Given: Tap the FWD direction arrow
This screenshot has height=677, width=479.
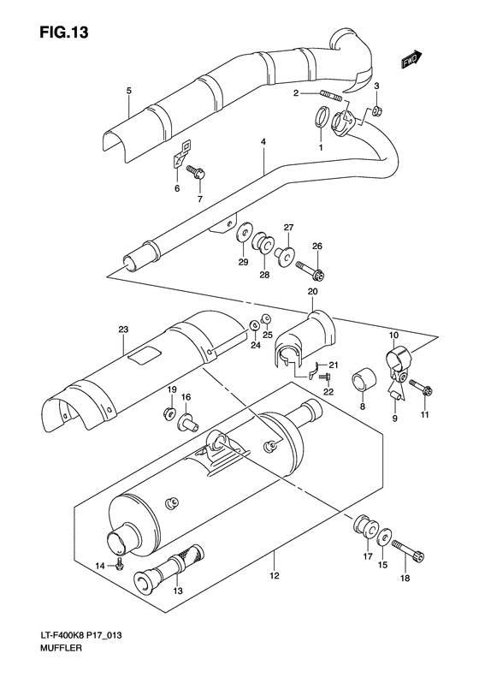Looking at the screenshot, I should (x=411, y=60).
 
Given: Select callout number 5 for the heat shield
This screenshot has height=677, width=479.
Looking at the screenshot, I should (x=127, y=90).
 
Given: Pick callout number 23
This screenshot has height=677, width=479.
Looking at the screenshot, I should (x=123, y=330).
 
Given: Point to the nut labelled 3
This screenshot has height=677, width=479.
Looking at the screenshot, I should (x=377, y=111).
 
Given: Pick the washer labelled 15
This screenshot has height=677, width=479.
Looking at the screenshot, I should (x=382, y=536).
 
